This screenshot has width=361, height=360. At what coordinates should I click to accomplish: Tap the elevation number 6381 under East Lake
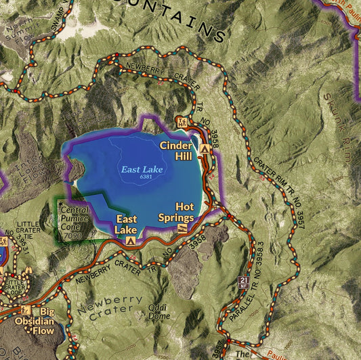tap(146, 177)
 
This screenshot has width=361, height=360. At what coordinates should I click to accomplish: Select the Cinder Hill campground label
tap(175, 150)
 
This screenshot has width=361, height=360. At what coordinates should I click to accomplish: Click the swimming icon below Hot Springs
tap(182, 229)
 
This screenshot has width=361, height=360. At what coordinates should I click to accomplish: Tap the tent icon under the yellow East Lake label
tap(129, 240)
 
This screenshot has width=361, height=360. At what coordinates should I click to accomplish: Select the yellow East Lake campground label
tap(126, 224)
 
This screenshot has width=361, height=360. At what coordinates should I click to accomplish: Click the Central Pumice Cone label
tap(75, 219)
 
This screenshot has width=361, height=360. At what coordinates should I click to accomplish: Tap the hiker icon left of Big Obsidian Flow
tap(26, 310)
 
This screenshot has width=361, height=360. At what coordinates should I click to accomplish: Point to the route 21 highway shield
tap(245, 281)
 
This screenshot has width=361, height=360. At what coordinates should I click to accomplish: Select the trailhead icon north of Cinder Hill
tap(182, 122)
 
